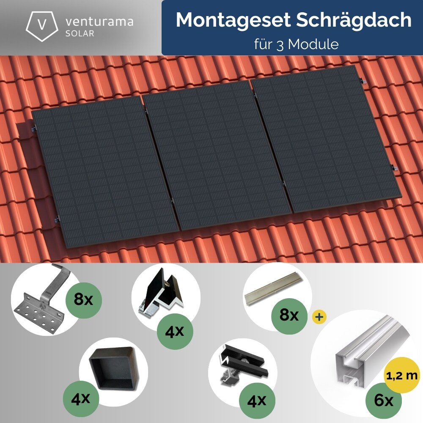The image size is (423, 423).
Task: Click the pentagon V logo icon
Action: click(42, 25)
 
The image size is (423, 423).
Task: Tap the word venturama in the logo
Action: click(99, 21)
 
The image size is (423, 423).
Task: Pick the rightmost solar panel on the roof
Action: click(326, 140)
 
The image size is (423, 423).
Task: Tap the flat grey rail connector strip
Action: click(275, 292)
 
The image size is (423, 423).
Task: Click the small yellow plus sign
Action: click(315, 316)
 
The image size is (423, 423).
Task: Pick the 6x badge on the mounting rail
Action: click(384, 400)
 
